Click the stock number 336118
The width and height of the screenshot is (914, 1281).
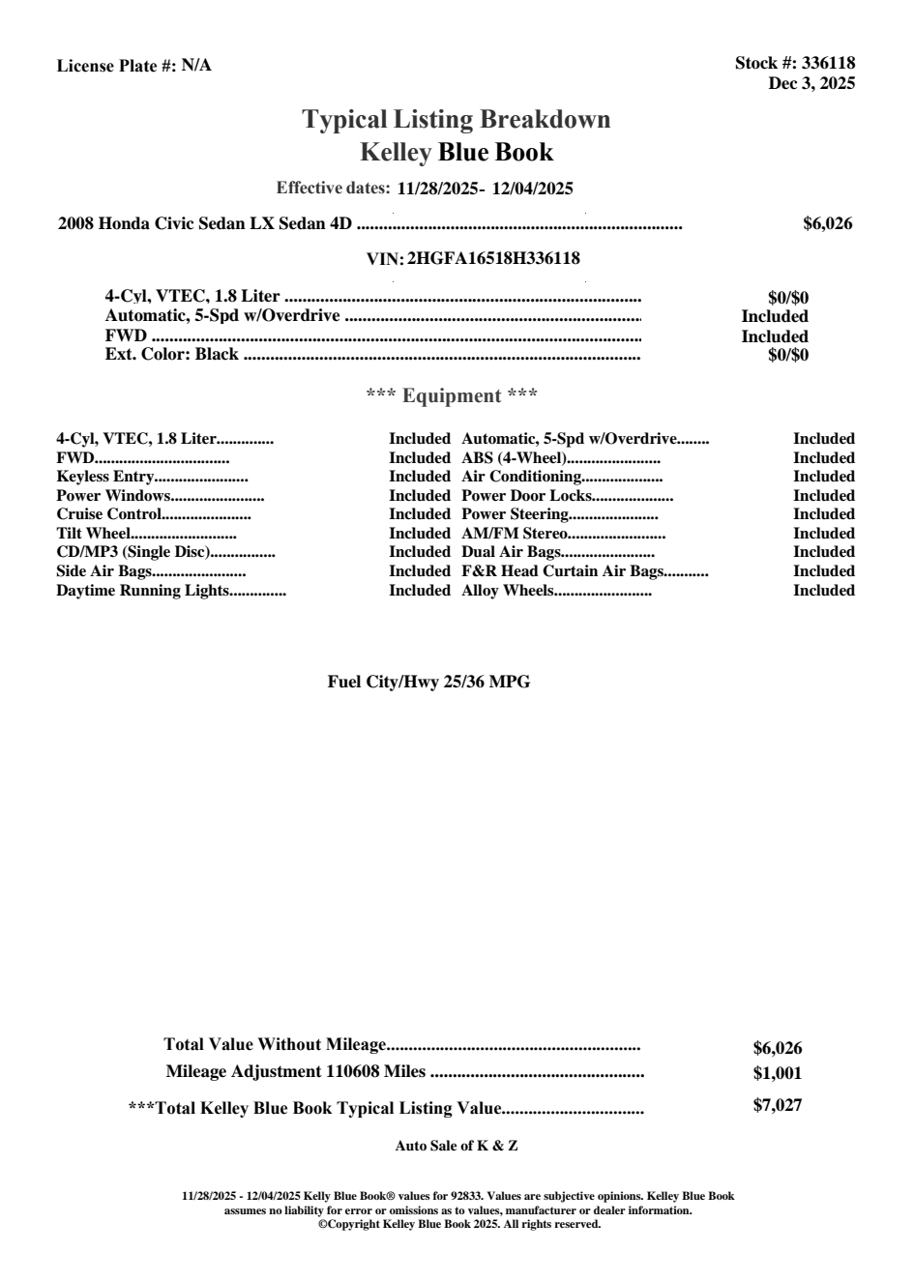[x=829, y=64]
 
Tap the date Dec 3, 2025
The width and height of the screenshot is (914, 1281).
[x=811, y=84]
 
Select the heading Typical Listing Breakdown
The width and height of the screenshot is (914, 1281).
[x=457, y=120]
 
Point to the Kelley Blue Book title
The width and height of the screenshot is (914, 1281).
[x=457, y=152]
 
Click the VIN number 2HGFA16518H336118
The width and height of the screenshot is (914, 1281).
[x=493, y=259]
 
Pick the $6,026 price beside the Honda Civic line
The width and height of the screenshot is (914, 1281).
[x=827, y=224]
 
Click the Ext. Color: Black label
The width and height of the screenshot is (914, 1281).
[x=171, y=355]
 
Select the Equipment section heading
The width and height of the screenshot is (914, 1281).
[x=452, y=395]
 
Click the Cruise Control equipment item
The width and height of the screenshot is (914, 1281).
[x=107, y=514]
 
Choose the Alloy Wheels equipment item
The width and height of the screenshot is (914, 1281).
[x=507, y=591]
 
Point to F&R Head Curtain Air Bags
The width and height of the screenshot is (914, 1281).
[x=562, y=571]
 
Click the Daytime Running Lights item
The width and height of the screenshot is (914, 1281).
[x=142, y=591]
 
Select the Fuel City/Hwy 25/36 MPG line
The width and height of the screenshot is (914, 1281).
[x=428, y=683]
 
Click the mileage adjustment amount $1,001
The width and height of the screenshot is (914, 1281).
[x=777, y=1073]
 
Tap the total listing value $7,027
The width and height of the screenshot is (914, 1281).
[x=777, y=1106]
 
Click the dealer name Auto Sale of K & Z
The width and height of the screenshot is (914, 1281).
[x=457, y=1147]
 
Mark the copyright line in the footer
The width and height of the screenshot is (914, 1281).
[x=459, y=1224]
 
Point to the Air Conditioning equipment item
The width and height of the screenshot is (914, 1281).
[x=521, y=477]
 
